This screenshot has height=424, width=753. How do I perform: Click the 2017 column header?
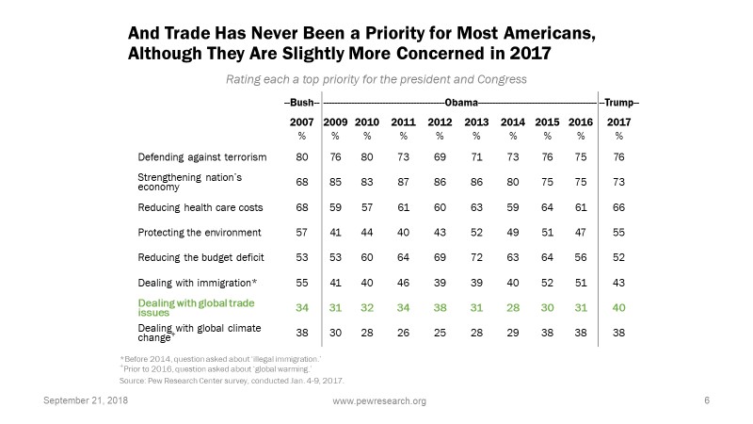[x=618, y=122]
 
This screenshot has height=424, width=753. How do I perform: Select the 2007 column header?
[x=300, y=122]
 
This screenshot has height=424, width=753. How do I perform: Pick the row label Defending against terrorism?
[x=202, y=156]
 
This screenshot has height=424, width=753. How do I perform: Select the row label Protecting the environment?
[x=200, y=232]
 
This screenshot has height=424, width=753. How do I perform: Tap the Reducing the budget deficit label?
[x=201, y=257]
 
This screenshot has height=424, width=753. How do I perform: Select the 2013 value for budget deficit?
[x=477, y=257]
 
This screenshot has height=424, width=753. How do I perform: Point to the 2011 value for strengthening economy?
[x=403, y=181]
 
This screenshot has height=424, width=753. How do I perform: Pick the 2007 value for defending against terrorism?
[x=300, y=156]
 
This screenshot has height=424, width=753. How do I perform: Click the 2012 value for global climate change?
[x=441, y=332]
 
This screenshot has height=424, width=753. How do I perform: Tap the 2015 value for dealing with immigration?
[x=546, y=282]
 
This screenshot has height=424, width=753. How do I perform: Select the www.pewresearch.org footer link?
[x=380, y=401]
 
